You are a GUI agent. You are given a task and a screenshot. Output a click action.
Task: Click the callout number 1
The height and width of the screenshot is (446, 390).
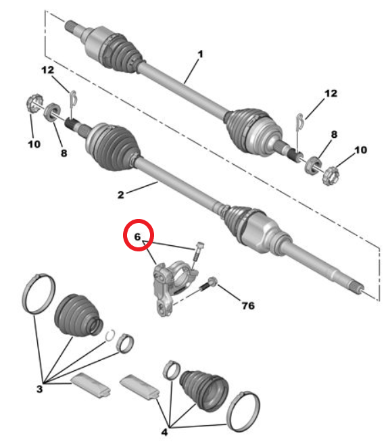(201, 54)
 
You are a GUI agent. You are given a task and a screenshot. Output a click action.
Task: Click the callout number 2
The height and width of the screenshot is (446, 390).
(121, 195)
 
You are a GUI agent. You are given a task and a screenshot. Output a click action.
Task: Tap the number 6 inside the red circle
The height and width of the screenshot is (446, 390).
(137, 237)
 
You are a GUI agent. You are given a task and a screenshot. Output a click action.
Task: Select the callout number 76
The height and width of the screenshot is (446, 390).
(248, 305)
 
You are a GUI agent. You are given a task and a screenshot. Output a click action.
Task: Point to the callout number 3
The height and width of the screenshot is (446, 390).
(39, 389)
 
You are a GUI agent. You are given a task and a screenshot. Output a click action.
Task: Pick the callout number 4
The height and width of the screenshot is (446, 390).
(164, 432)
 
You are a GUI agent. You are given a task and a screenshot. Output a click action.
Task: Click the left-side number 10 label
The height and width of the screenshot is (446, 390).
(34, 144)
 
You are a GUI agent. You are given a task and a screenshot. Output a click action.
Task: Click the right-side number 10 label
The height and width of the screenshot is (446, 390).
(361, 150)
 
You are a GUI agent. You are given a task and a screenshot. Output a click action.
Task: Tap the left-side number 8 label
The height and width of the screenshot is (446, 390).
(64, 153)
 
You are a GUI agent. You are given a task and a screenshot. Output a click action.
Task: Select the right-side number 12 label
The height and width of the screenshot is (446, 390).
(331, 93)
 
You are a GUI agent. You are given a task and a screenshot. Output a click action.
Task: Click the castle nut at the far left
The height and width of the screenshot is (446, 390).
(34, 103)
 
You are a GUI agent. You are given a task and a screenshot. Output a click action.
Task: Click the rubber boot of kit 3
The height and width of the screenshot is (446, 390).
(77, 316)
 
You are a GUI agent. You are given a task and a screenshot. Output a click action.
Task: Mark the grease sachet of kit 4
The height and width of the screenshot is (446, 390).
(139, 386)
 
